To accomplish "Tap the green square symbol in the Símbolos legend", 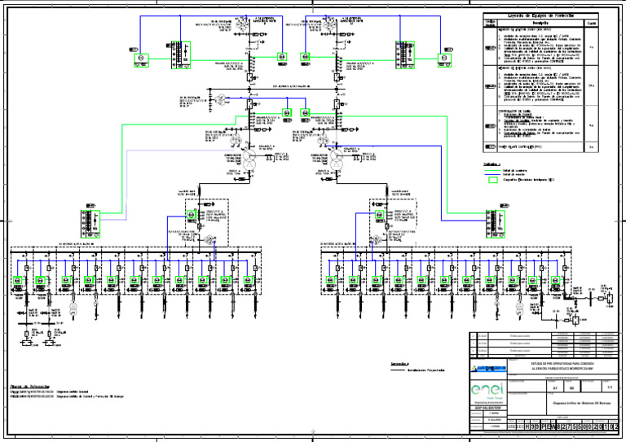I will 492,180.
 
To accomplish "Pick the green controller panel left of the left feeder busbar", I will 90,222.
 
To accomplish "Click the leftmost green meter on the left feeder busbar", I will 16,282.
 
